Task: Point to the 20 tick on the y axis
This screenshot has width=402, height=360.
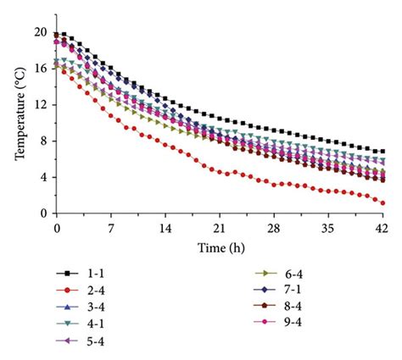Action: (40, 32)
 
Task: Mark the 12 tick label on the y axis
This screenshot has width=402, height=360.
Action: (40, 105)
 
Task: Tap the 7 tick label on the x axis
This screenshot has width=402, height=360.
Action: (111, 229)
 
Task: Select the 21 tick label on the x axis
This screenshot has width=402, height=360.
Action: (220, 229)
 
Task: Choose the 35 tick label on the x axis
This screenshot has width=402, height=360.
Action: (329, 229)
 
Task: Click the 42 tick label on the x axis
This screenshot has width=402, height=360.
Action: (382, 229)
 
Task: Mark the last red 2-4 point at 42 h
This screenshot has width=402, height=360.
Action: (383, 203)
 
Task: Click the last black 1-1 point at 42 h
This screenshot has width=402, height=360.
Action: (383, 152)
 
